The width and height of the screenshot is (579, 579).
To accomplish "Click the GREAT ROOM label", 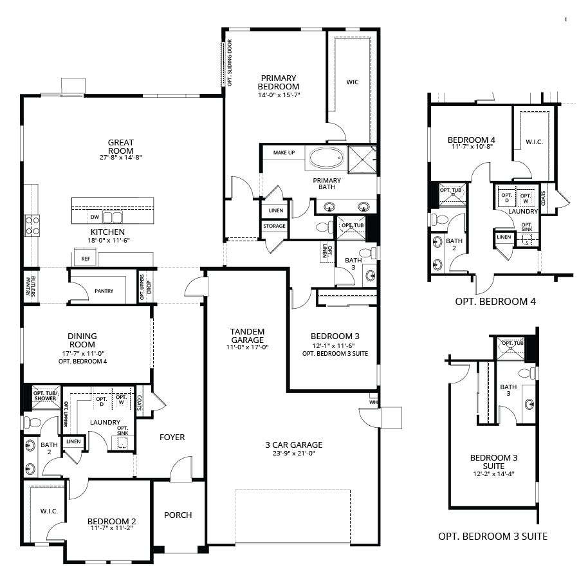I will coord(120,147).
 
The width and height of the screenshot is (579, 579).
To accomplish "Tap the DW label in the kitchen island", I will coord(95,217).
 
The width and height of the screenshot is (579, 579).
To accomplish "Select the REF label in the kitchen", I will coord(85,258).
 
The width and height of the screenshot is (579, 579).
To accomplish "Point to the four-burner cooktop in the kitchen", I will coord(32,225).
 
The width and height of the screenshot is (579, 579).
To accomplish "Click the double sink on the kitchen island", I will coord(112,217).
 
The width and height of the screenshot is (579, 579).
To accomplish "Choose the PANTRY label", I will coord(103,291).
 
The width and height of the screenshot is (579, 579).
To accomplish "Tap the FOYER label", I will coord(172,437).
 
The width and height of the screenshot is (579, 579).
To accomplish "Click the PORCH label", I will coord(178,515).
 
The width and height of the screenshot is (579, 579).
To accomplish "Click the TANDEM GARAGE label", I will coord(247,335).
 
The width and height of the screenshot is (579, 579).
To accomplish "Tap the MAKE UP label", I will coord(284,152).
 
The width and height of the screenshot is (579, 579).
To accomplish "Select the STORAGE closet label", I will coord(274,226).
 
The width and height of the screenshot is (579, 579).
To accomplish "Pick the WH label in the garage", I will coord(374,403).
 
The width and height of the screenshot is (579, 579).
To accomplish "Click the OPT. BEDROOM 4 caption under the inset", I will coord(495,300).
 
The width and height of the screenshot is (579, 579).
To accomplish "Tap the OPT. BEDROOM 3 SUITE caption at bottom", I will coord(493,535).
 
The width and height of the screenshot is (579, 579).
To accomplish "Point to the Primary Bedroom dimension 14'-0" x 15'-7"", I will coord(279,95).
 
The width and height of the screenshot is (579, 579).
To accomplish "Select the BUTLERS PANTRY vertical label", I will coord(29,285).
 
